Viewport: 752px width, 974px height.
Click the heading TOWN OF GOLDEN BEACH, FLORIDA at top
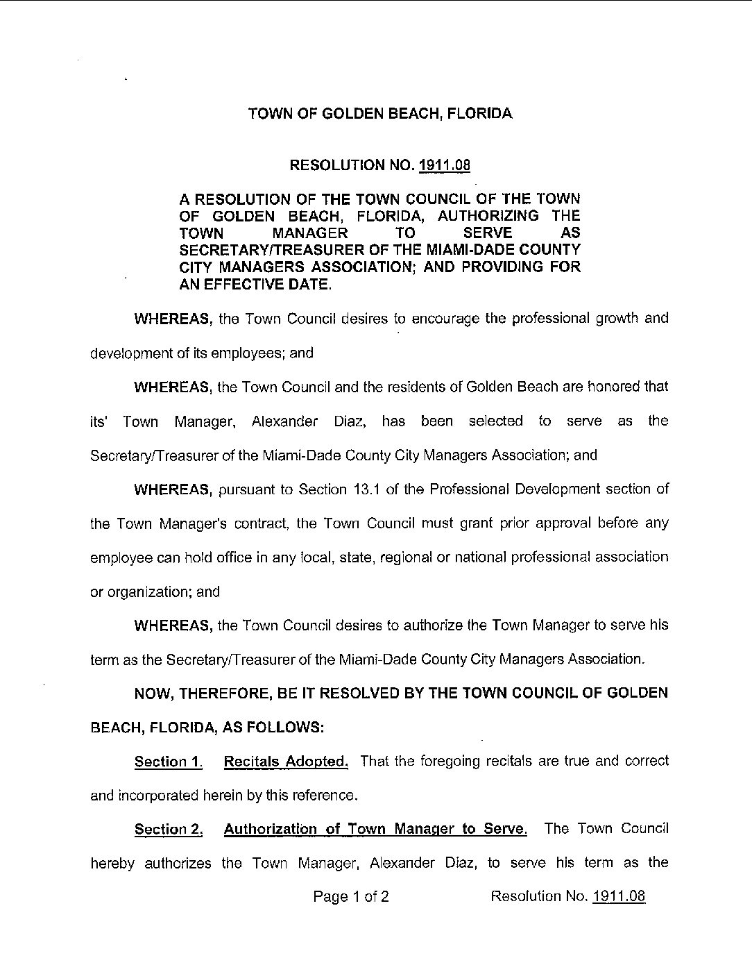(x=380, y=114)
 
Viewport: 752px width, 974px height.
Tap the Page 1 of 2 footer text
(x=351, y=896)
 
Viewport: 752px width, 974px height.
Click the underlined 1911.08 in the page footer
(x=619, y=896)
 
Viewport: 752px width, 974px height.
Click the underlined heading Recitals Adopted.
(x=286, y=762)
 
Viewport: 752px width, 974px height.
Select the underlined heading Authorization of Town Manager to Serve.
(x=375, y=829)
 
